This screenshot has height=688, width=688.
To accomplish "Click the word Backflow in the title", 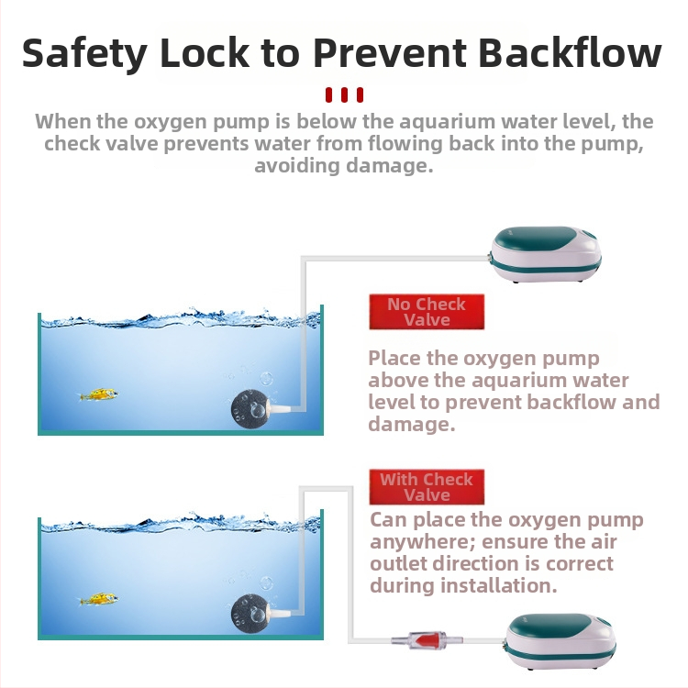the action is pyautogui.click(x=570, y=52).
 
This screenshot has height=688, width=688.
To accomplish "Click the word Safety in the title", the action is pyautogui.click(x=84, y=54).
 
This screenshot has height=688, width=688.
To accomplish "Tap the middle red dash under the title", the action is pyautogui.click(x=344, y=94).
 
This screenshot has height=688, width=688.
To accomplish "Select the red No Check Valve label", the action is pyautogui.click(x=427, y=312).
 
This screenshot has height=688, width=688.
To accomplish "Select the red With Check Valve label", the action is pyautogui.click(x=427, y=487).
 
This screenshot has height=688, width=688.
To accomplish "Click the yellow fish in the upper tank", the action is pyautogui.click(x=99, y=394).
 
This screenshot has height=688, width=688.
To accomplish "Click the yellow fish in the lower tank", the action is pyautogui.click(x=99, y=599).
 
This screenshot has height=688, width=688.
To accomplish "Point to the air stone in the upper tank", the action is pyautogui.click(x=250, y=409).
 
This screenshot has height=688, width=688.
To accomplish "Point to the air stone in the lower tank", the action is pyautogui.click(x=250, y=613).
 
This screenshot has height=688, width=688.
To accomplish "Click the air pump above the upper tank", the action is pyautogui.click(x=546, y=253).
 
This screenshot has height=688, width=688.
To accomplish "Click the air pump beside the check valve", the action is pyautogui.click(x=560, y=641).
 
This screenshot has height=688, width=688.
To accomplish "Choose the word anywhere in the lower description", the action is pyautogui.click(x=422, y=541).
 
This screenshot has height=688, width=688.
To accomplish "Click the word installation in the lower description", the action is pyautogui.click(x=495, y=585).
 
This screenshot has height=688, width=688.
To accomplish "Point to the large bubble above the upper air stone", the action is pyautogui.click(x=266, y=378).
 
